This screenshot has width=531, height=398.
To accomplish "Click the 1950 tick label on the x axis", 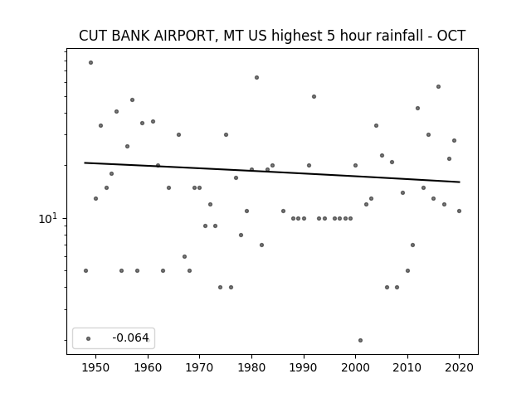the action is [96, 367].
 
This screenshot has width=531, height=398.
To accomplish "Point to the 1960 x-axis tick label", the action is [148, 367].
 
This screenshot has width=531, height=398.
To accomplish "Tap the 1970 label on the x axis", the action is [199, 367].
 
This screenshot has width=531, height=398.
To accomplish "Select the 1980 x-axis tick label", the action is [251, 367].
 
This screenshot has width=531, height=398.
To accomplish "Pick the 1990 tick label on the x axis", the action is [304, 367].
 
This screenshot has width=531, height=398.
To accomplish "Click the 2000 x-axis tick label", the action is [355, 367].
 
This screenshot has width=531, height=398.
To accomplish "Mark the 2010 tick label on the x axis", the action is [407, 367].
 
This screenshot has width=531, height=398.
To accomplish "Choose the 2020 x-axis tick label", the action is [459, 367].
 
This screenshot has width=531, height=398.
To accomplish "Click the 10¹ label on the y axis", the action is [48, 218].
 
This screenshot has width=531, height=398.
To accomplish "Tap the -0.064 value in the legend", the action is [130, 337].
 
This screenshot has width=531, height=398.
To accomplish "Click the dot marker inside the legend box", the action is [89, 338].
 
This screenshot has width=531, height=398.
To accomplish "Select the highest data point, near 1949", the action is [90, 63].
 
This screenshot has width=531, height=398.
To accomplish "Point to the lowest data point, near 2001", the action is [360, 340].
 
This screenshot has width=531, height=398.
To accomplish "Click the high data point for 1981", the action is [256, 77].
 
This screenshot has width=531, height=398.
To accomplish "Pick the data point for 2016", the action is [438, 86].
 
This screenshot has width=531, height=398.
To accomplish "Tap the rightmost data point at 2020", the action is [459, 211].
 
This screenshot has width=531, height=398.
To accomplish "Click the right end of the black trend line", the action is [460, 182].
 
